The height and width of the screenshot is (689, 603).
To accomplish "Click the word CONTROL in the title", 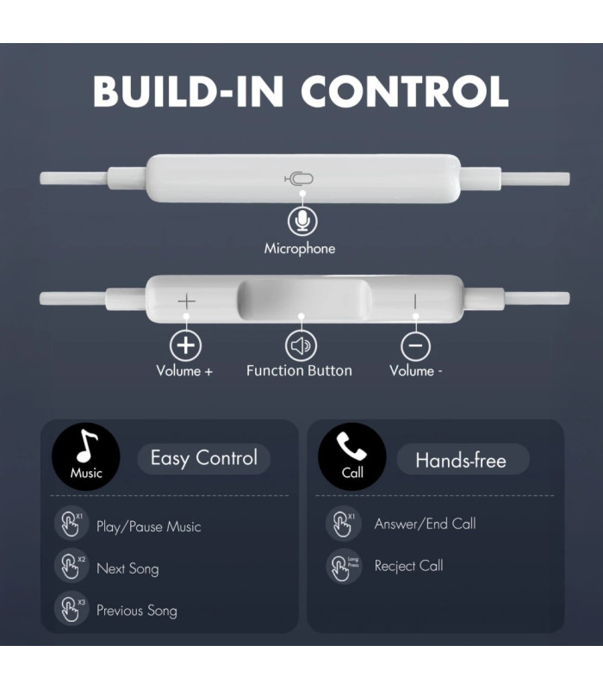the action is (x=405, y=91).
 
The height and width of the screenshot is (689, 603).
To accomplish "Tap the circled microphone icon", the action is (x=302, y=221).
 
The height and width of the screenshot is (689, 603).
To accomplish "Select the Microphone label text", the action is (x=299, y=249).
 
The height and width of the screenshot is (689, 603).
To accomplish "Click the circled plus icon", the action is (x=185, y=345).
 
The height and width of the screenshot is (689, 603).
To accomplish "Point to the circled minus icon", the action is (x=416, y=345).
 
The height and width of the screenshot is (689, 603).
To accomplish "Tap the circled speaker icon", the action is (x=301, y=345).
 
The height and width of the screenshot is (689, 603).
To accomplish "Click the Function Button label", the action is (x=299, y=371).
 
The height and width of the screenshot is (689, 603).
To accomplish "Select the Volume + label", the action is (x=184, y=371).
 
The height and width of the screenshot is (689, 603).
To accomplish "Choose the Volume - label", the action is (x=416, y=371).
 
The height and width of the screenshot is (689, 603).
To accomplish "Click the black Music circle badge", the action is (x=86, y=457).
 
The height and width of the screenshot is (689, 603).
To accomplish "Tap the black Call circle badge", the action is (x=352, y=457).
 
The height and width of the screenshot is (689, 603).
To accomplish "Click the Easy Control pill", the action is (x=204, y=459).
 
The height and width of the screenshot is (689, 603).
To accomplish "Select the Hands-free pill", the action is (x=463, y=460).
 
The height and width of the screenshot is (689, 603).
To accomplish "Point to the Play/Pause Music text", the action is (x=148, y=526).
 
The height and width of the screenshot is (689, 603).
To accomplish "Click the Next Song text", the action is (x=127, y=568).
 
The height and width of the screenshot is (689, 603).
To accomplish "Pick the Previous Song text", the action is (x=137, y=611).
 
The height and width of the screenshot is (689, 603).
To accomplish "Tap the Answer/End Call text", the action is (x=425, y=524).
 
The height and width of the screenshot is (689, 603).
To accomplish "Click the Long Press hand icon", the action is (x=344, y=566).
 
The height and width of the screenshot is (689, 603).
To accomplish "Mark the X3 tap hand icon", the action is (x=71, y=609).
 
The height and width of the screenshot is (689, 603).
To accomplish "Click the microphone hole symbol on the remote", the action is (x=299, y=178).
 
